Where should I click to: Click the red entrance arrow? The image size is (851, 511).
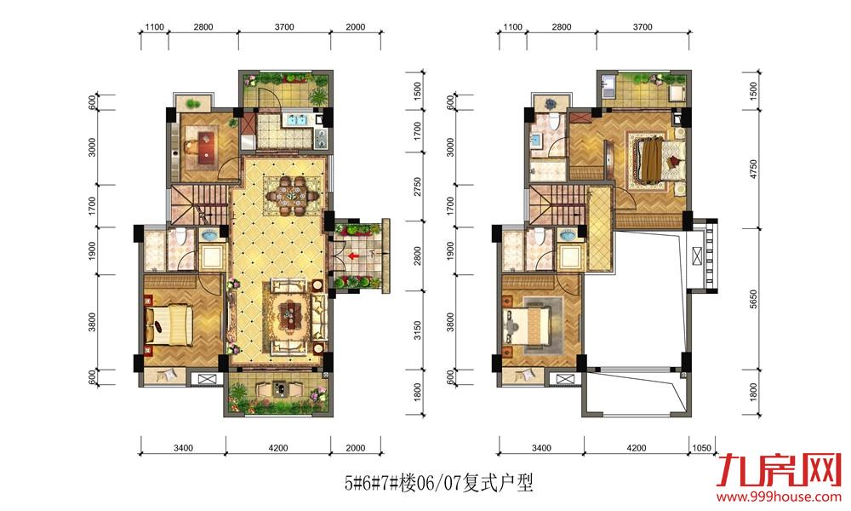click(x=353, y=255)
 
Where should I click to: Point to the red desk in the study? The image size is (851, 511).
click(x=205, y=147)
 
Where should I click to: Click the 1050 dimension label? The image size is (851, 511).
click(x=702, y=448)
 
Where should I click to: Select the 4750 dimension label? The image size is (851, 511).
click(x=753, y=169)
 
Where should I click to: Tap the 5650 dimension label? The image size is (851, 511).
click(x=753, y=299)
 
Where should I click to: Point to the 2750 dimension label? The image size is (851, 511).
click(x=417, y=187)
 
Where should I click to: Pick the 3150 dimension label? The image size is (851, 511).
click(x=417, y=330)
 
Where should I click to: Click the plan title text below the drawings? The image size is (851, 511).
click(x=438, y=482)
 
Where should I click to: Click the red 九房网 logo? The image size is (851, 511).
click(x=779, y=470)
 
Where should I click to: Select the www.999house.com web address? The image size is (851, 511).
click(x=779, y=497)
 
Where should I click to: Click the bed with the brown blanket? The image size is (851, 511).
click(x=658, y=159)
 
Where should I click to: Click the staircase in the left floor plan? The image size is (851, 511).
click(x=200, y=204)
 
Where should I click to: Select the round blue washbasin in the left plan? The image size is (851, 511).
click(x=209, y=235)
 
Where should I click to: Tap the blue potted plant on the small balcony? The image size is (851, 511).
click(x=551, y=102)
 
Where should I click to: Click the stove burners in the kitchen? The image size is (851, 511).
click(x=320, y=138)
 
